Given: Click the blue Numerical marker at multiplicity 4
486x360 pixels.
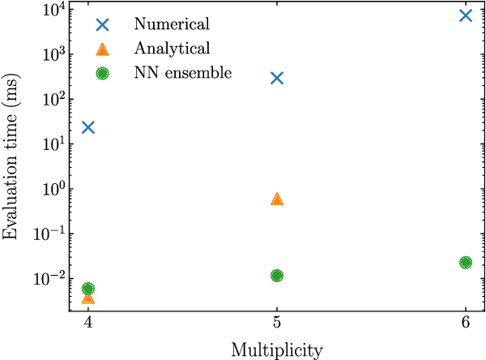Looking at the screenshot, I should tap(88, 127).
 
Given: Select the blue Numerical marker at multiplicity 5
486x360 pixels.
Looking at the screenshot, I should tap(277, 78).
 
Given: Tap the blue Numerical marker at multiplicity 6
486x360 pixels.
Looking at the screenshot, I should tap(465, 15).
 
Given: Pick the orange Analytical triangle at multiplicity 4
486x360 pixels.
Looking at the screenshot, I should tap(88, 298).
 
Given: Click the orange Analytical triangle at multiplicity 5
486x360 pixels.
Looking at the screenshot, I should tap(277, 199).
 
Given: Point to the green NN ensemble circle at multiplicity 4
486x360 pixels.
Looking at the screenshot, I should tap(88, 289).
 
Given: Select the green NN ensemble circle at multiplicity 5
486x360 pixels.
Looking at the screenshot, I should tap(277, 276).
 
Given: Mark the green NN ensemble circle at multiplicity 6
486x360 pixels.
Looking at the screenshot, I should tap(465, 263).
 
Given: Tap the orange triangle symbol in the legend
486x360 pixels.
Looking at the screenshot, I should tap(102, 49).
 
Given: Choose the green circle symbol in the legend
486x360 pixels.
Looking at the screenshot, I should tap(102, 73).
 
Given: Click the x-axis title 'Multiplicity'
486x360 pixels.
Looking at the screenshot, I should tap(277, 350).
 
